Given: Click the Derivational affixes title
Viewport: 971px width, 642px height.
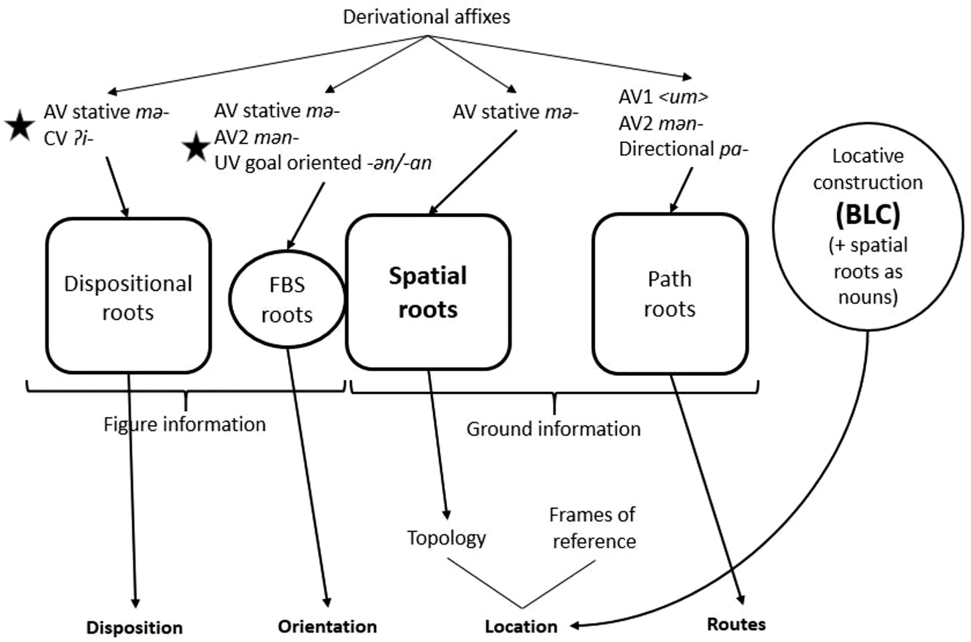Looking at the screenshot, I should coord(427,17).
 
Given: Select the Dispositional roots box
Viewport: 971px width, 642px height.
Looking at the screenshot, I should coord(128,295).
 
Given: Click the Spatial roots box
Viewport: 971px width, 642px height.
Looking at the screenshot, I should coord(428,292).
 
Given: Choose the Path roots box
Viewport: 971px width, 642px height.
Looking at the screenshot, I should coord(670,294).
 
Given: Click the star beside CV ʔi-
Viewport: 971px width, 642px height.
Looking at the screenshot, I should coord(19,126).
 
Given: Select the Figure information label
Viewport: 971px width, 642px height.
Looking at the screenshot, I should coord(184,424).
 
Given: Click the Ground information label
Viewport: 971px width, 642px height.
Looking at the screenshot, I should coord(553,428).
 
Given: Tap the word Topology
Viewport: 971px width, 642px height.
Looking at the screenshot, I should coord(446,539).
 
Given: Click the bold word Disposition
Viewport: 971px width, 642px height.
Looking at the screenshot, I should coord(134,627).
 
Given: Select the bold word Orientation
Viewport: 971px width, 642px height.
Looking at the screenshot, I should coord(327,627).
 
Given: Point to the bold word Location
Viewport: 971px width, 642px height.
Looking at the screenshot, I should coord(521,627).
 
